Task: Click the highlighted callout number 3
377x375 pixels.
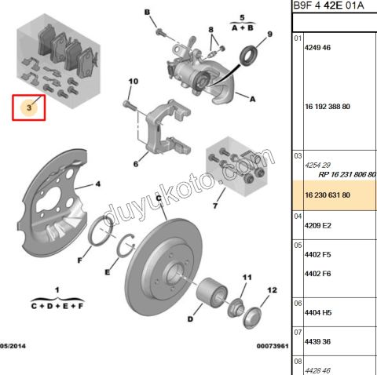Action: pyautogui.click(x=29, y=107)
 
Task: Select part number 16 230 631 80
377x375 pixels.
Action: pyautogui.click(x=328, y=195)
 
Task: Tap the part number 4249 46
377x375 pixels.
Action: pyautogui.click(x=317, y=48)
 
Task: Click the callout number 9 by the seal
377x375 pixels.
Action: pyautogui.click(x=269, y=35)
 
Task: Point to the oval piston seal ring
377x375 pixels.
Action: pyautogui.click(x=248, y=56)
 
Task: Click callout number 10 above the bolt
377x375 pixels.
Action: pyautogui.click(x=134, y=82)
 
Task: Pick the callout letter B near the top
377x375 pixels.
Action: pyautogui.click(x=148, y=12)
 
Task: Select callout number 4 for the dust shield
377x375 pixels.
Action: pyautogui.click(x=98, y=184)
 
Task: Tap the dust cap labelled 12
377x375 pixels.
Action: pyautogui.click(x=252, y=318)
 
